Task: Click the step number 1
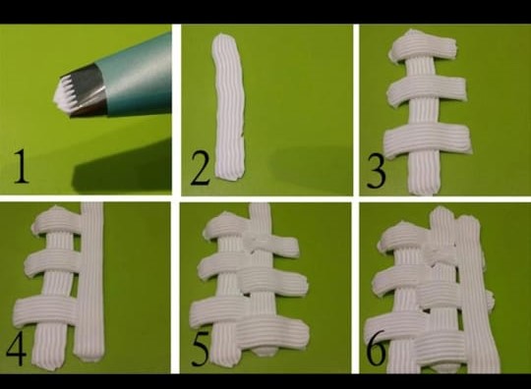point(21,166)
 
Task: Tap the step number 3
point(376,170)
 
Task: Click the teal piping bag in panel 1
point(137,75)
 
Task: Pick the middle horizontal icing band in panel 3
point(428,89)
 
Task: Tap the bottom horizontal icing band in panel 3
point(428,139)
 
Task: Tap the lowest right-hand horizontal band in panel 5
point(272,332)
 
